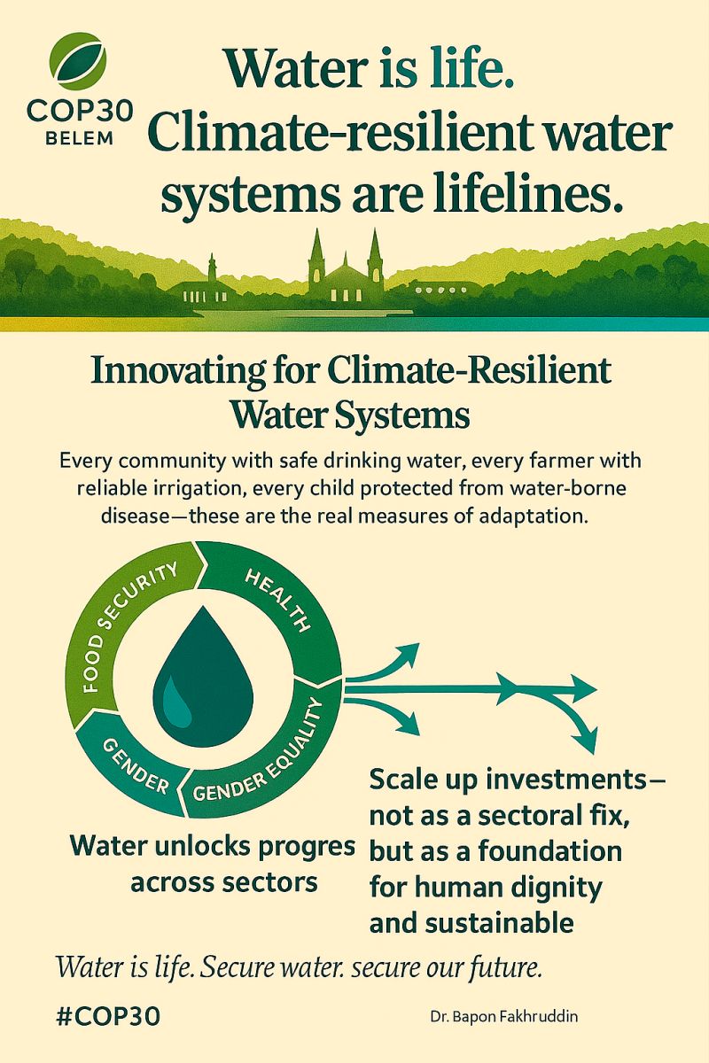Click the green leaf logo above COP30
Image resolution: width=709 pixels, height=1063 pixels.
tap(77, 62)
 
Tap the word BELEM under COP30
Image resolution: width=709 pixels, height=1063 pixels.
tap(80, 138)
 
